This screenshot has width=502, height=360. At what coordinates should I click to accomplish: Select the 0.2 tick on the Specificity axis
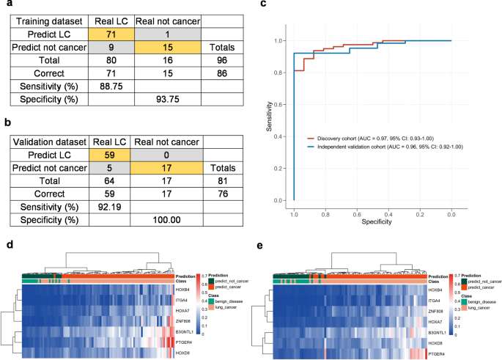[419, 211]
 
